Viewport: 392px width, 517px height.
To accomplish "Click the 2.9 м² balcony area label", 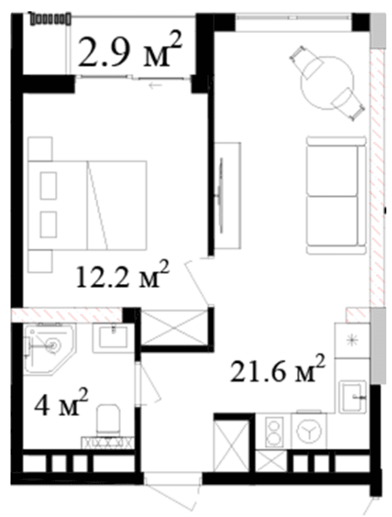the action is (130, 49).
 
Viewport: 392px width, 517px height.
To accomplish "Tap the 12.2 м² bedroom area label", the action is (123, 273).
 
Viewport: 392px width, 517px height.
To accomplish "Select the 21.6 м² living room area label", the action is (277, 369).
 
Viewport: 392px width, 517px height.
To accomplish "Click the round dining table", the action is (327, 83).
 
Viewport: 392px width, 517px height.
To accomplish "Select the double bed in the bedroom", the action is (87, 205).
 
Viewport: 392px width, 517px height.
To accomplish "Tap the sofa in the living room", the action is (336, 195).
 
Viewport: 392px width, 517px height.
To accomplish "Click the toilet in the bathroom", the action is (107, 419).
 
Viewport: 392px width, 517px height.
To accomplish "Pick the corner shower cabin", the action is (50, 349).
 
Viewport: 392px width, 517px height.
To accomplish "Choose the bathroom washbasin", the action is (113, 338).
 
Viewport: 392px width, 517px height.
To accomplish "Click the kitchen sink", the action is (353, 396).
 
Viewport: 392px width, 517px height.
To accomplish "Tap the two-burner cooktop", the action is (274, 432).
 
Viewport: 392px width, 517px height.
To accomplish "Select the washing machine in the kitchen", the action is (309, 431).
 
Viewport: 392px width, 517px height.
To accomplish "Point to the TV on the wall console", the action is (220, 196).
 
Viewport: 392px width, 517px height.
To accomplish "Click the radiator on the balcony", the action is (50, 19).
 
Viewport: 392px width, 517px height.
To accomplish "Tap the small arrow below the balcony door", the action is (156, 86).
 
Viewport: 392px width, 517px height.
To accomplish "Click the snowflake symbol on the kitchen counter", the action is (352, 340).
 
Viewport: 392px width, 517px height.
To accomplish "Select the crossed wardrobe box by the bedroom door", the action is (174, 327).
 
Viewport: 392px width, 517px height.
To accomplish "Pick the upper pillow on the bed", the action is (48, 186).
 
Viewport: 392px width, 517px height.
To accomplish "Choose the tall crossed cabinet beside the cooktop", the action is (231, 446).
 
